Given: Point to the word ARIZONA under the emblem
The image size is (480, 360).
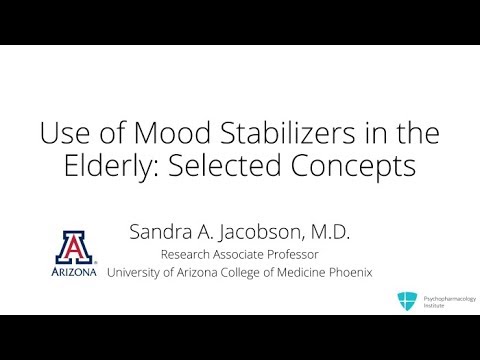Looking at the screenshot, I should [x=76, y=271].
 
